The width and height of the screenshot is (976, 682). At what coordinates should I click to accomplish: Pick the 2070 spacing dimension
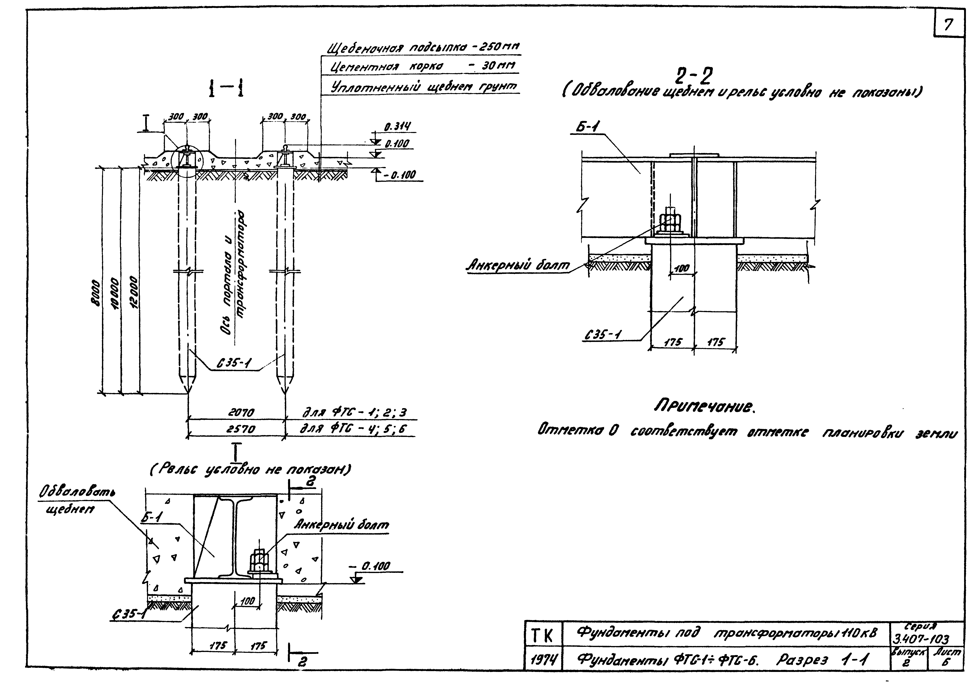(x=241, y=412)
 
